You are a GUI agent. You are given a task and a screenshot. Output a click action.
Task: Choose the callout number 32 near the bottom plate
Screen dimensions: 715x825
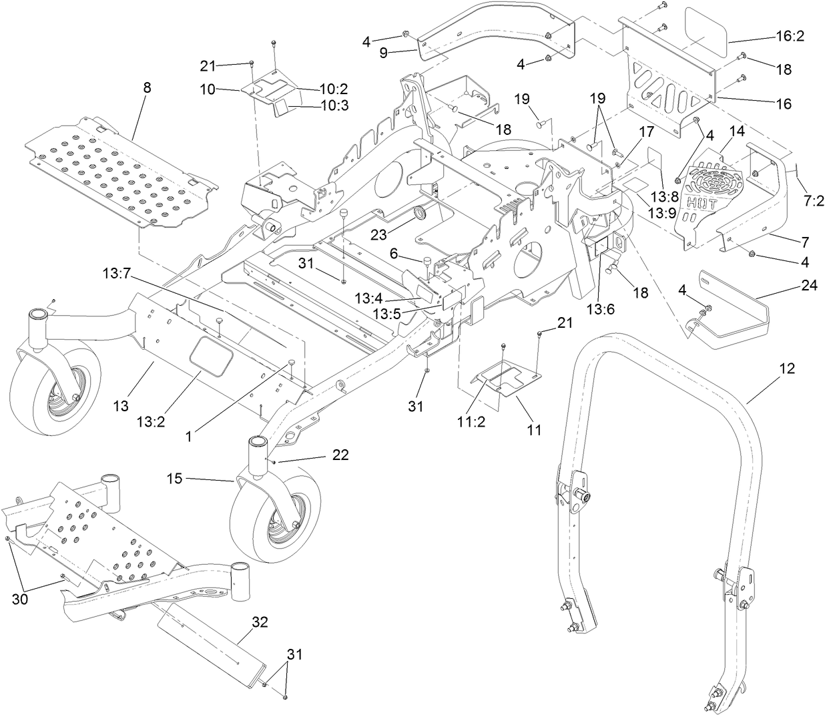(x=260, y=622)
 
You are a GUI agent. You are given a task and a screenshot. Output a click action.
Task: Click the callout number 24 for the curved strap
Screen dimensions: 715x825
(x=808, y=285)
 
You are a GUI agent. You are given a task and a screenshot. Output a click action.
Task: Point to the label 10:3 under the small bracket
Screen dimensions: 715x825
(x=334, y=105)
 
